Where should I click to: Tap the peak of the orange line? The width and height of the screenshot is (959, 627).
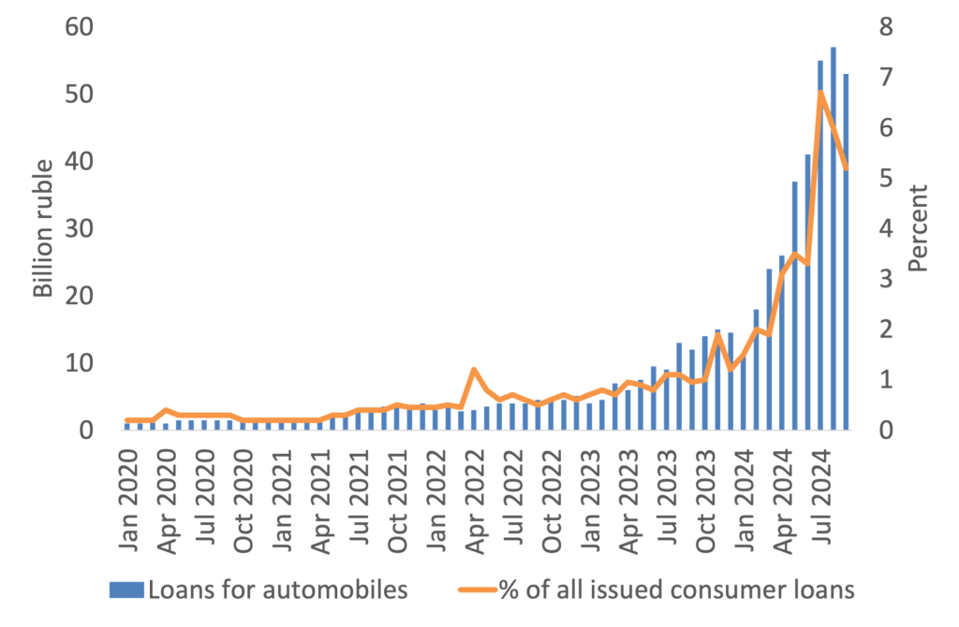click(820, 91)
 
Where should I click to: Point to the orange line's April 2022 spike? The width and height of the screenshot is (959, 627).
click(474, 370)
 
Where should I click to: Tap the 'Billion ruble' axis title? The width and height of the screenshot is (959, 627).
click(43, 228)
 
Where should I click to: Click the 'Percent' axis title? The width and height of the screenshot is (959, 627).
click(918, 228)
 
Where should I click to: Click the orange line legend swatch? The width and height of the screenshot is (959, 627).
click(475, 590)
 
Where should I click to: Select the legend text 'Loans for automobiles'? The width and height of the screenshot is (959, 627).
click(278, 590)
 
